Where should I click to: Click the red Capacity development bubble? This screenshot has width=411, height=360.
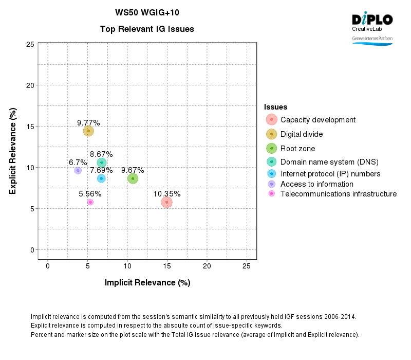[x=166, y=202]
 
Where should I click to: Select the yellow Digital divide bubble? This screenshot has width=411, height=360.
[x=88, y=131]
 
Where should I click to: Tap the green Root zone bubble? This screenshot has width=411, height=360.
[x=133, y=178]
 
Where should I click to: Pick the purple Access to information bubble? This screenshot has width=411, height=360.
[x=78, y=170]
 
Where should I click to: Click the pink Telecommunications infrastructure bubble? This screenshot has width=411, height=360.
[x=90, y=202]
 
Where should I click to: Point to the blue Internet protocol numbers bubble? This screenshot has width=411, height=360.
[x=101, y=178]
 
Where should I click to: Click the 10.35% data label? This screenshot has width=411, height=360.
[x=166, y=194]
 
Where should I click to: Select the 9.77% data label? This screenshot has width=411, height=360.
[x=88, y=122]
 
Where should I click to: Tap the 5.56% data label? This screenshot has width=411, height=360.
[x=90, y=194]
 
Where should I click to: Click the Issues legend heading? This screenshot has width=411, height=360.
[x=275, y=106]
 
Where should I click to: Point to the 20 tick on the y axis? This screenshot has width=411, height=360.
[x=30, y=85]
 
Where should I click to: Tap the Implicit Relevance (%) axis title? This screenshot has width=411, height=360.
[x=147, y=282]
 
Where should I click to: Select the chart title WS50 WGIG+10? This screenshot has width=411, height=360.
[x=147, y=12]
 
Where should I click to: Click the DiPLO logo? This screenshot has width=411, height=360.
[x=372, y=20]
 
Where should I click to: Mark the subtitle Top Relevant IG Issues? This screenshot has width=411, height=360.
[x=147, y=29]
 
